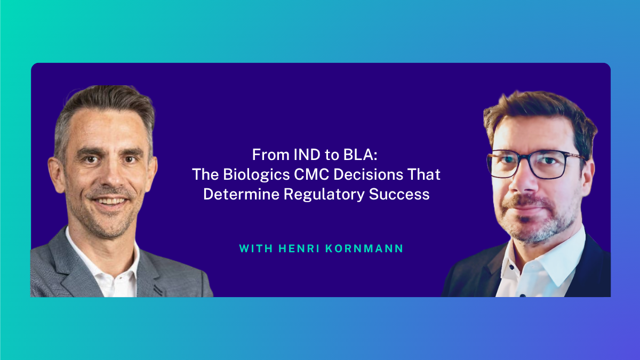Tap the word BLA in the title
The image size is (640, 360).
(358, 155)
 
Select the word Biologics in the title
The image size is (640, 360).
(257, 175)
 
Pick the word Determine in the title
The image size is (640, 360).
(241, 194)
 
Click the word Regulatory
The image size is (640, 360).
(324, 195)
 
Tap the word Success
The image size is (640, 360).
(399, 194)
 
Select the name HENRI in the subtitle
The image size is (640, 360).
(299, 249)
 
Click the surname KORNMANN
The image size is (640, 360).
(364, 249)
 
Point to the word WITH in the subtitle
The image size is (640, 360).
(256, 249)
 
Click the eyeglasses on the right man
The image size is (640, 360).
(535, 164)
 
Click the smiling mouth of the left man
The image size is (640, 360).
(110, 201)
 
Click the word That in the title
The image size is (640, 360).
(424, 174)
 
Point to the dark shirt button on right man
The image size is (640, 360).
(523, 295)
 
